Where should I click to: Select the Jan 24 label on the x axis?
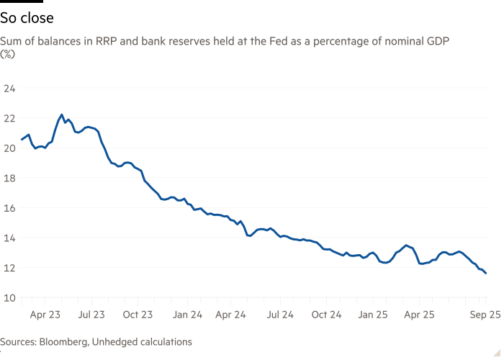(x=186, y=315)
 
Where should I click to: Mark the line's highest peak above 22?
(x=61, y=114)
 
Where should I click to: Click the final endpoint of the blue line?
(x=486, y=274)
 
